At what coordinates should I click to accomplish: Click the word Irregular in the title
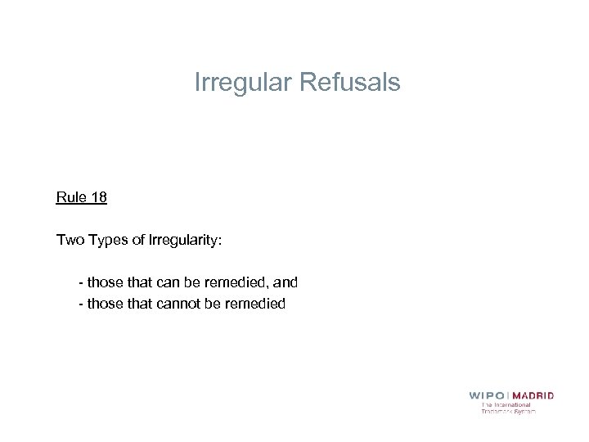click(x=244, y=83)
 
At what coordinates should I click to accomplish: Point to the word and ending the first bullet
click(x=286, y=282)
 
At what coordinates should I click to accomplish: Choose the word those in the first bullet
click(x=104, y=282)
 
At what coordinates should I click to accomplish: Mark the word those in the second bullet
click(x=104, y=304)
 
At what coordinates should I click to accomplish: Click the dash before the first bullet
click(x=80, y=283)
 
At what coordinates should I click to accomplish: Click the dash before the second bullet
click(x=80, y=304)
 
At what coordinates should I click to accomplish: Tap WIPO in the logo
click(x=487, y=395)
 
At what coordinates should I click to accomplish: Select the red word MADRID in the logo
click(x=533, y=395)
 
